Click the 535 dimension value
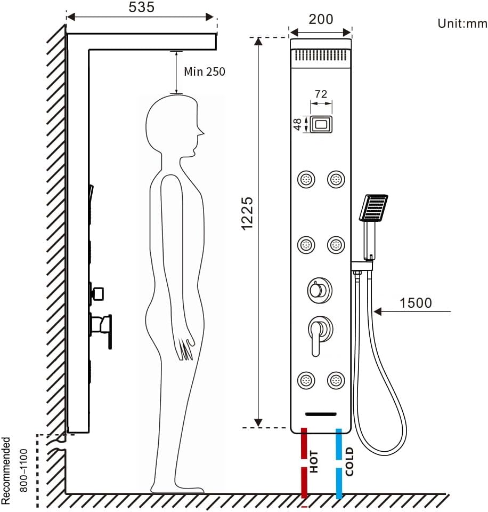tap(141, 7)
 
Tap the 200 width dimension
tap(321, 19)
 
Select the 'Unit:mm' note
tap(462, 23)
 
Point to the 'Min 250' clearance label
tap(205, 71)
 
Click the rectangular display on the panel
tap(321, 125)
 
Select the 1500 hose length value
tap(416, 303)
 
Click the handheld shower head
tap(374, 207)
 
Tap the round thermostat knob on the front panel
tap(319, 291)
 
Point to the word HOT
tap(314, 462)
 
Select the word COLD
tap(349, 461)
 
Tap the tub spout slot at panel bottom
tap(321, 414)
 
